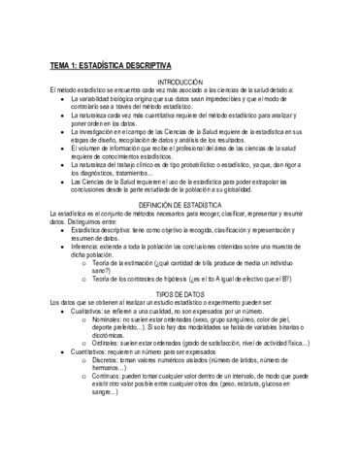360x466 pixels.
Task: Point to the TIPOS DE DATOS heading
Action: coord(180,322)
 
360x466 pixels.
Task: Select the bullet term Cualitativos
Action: coord(92,339)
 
